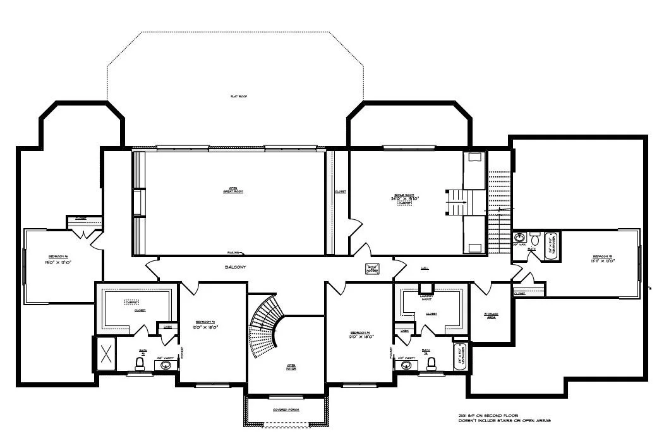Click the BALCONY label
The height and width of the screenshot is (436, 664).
(235, 267)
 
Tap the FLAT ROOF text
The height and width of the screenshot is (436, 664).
(238, 97)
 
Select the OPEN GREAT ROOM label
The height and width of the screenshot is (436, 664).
(232, 190)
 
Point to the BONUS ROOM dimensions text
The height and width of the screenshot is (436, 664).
(405, 198)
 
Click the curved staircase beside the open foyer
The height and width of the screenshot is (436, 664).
(265, 329)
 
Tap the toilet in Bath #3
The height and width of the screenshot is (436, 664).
(140, 363)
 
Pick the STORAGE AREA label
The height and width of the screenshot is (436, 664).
(491, 315)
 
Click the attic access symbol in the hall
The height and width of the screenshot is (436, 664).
(371, 269)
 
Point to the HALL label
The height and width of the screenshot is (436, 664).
(425, 267)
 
